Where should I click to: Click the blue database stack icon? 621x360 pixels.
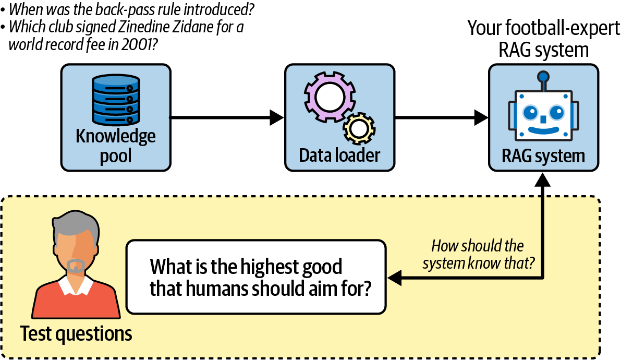116,99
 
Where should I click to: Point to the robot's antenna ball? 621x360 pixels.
543,77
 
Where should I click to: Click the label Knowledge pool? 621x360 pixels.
116,146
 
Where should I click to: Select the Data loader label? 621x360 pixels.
339,155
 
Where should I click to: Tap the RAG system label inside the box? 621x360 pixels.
543,155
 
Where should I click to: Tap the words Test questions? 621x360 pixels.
76,333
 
